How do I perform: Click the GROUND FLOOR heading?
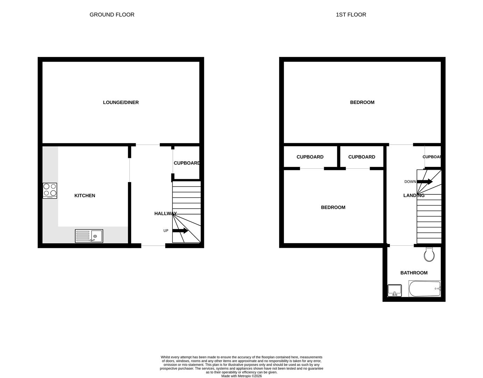pyautogui.click(x=112, y=15)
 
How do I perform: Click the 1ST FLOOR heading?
pyautogui.click(x=351, y=15)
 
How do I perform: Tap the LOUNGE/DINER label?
pyautogui.click(x=121, y=103)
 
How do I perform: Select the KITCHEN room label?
pyautogui.click(x=85, y=196)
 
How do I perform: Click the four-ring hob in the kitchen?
pyautogui.click(x=50, y=190)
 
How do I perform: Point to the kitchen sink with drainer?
pyautogui.click(x=89, y=236)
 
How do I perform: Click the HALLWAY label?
pyautogui.click(x=165, y=213)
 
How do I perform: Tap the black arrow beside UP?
pyautogui.click(x=180, y=231)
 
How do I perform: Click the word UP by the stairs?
pyautogui.click(x=166, y=231)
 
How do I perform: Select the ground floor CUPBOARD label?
pyautogui.click(x=187, y=163)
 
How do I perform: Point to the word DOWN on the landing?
pyautogui.click(x=410, y=182)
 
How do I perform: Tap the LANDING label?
pyautogui.click(x=414, y=195)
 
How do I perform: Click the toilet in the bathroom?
pyautogui.click(x=429, y=254)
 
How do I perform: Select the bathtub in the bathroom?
pyautogui.click(x=424, y=289)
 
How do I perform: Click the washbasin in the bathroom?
pyautogui.click(x=395, y=290)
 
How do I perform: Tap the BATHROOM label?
pyautogui.click(x=414, y=273)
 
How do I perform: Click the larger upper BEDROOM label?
pyautogui.click(x=362, y=103)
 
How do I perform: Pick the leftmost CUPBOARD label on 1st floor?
pyautogui.click(x=310, y=157)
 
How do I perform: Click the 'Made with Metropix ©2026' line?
pyautogui.click(x=241, y=376)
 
